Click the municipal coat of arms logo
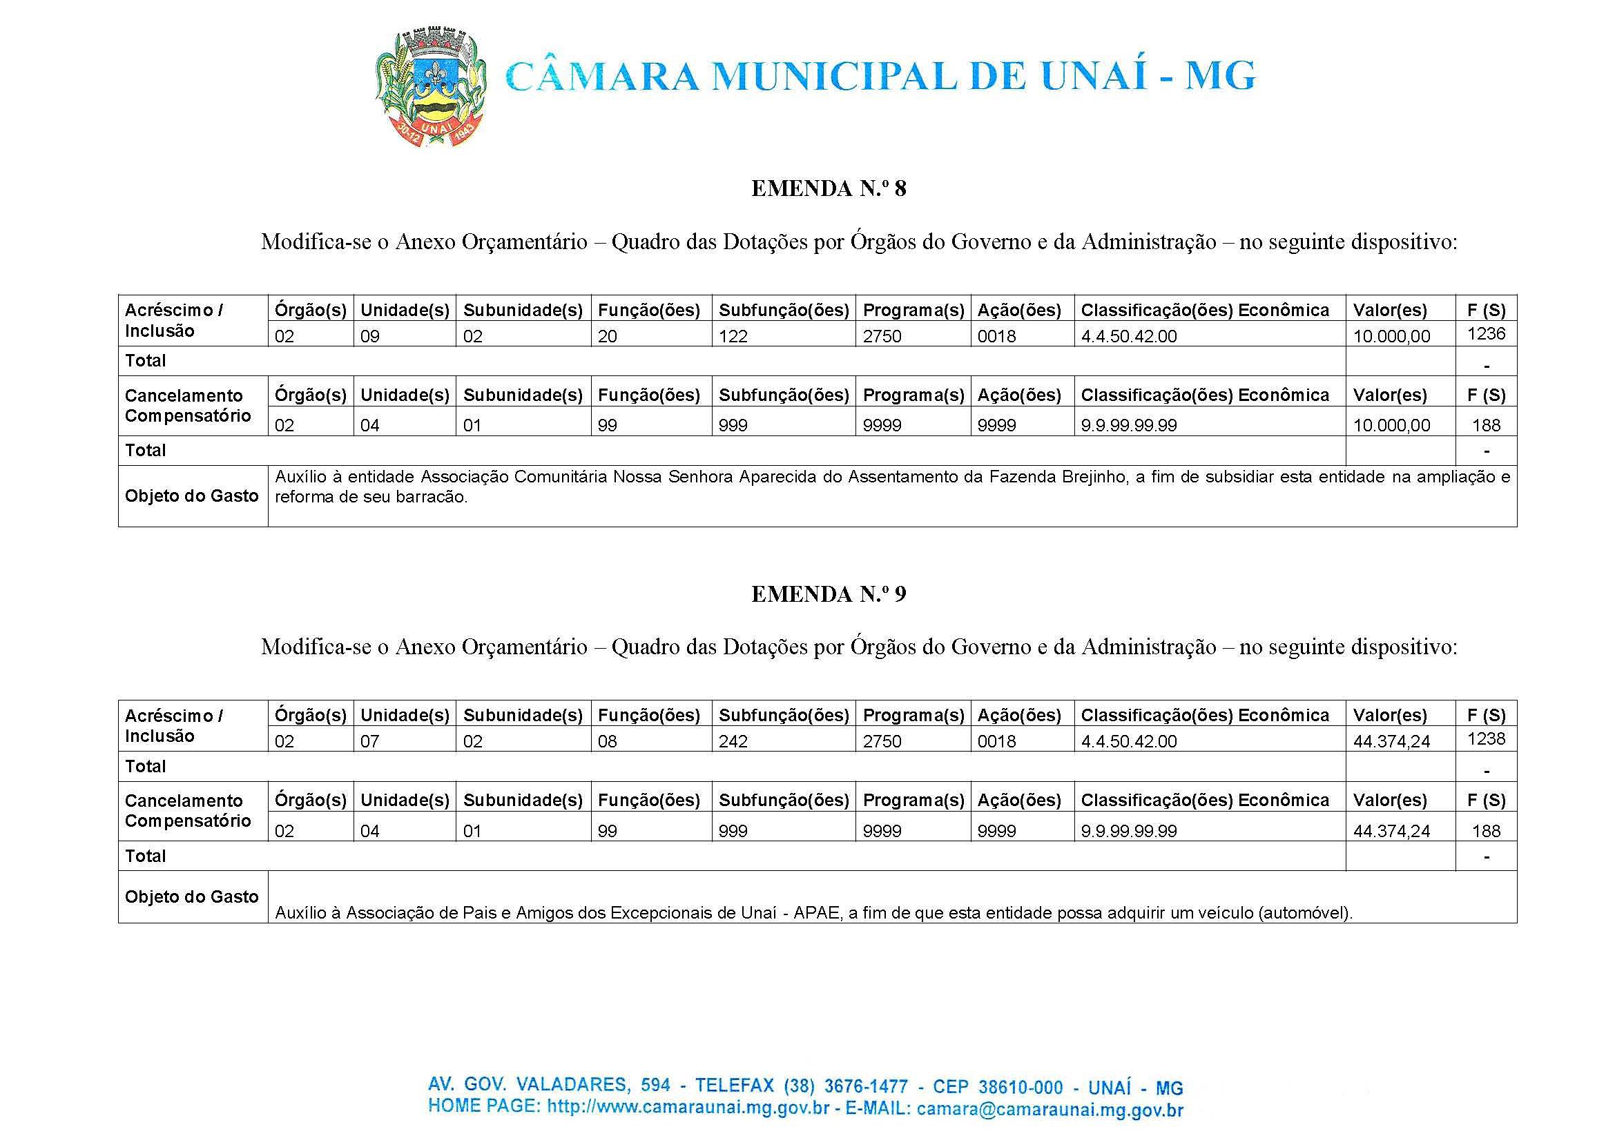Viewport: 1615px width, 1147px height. (x=429, y=87)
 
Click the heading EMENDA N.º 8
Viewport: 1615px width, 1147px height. (x=828, y=188)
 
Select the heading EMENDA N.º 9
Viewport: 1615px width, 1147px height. (x=828, y=594)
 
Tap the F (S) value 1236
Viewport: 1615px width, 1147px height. (x=1486, y=333)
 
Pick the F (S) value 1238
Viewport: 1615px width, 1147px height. (x=1486, y=738)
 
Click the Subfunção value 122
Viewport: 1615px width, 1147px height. (x=733, y=336)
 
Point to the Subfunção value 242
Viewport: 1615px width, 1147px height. (x=733, y=742)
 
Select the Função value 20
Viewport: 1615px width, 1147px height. (x=607, y=336)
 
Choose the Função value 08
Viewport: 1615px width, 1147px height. (x=607, y=742)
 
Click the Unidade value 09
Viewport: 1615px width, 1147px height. (x=369, y=336)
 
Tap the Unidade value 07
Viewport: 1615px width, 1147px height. (x=369, y=742)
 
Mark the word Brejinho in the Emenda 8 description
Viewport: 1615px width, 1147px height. (x=1094, y=477)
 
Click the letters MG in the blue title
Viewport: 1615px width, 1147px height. (x=1219, y=76)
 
